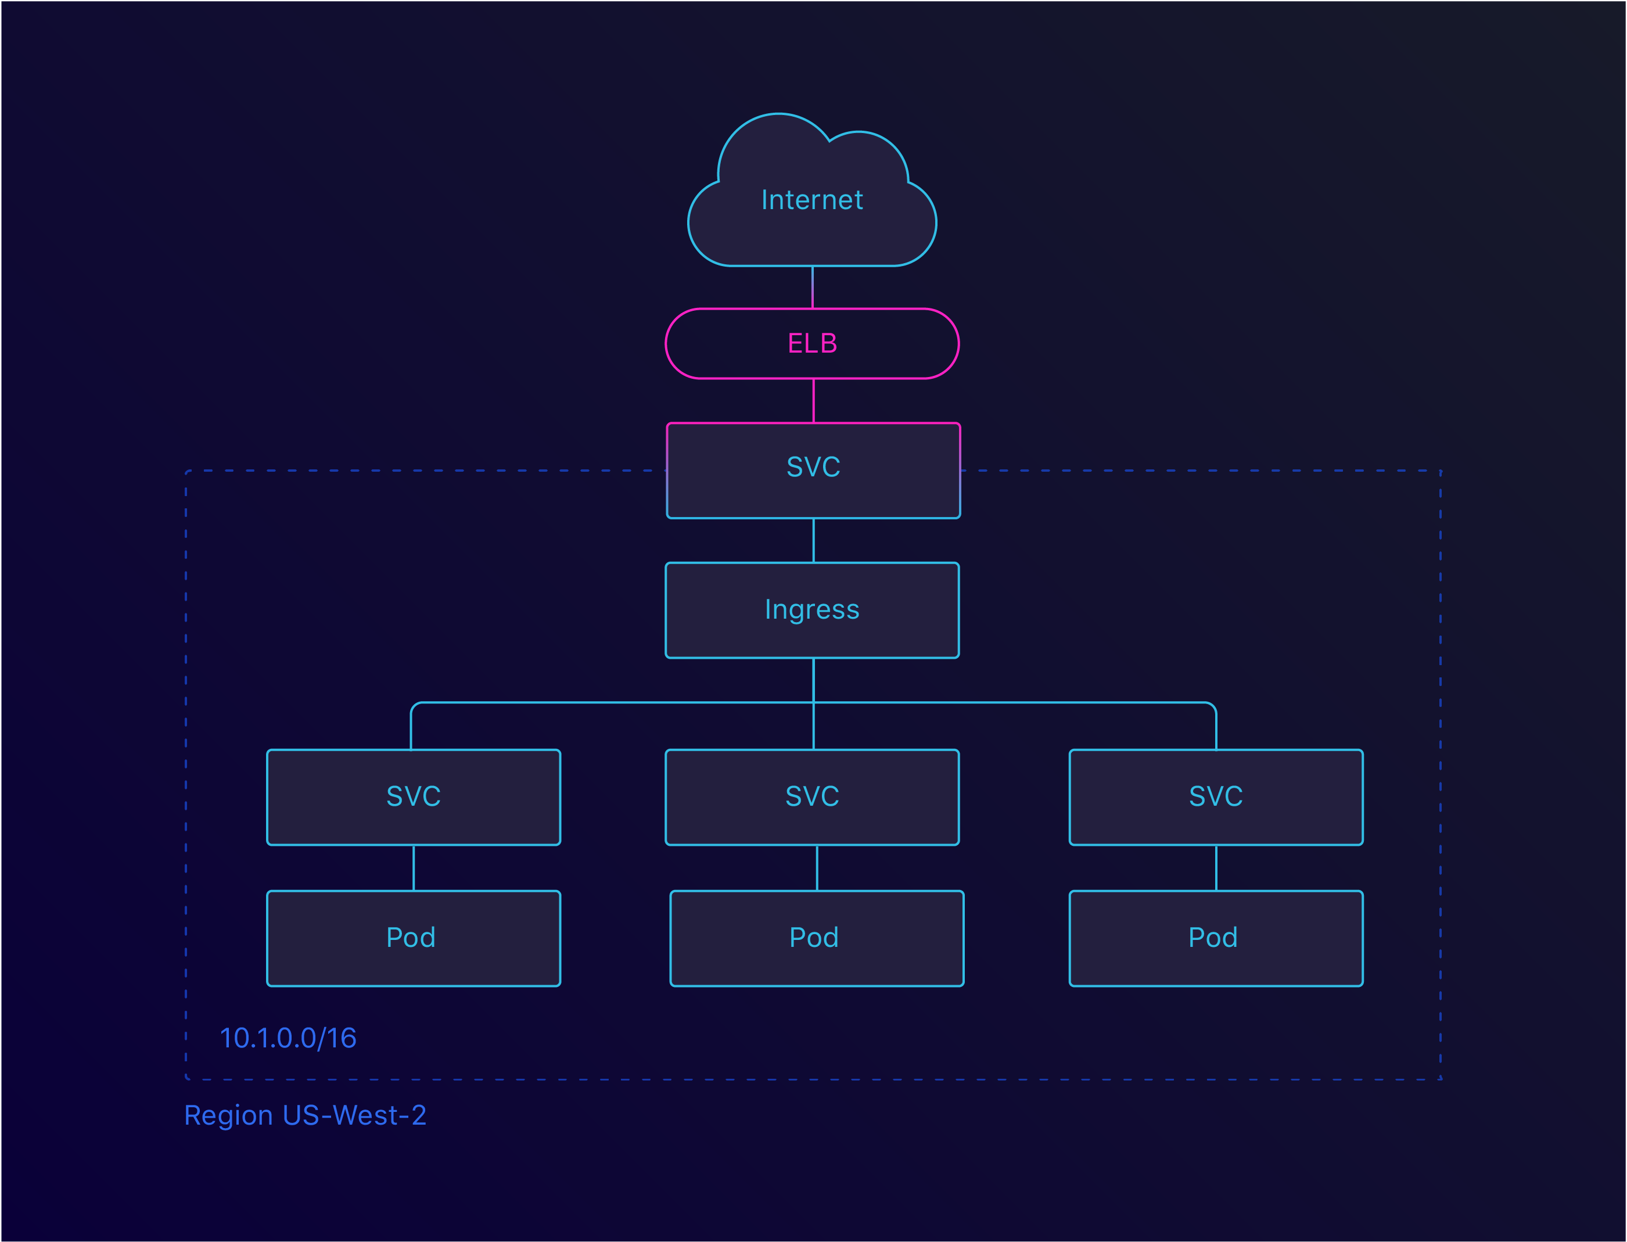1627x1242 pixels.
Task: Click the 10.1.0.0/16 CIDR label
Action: [288, 1038]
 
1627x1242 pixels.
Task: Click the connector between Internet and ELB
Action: [813, 288]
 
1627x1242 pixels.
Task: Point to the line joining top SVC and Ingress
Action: [813, 540]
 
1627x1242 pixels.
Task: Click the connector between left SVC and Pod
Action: [413, 868]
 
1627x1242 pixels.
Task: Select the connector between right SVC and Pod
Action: [1216, 868]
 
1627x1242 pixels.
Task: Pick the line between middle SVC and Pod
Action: [817, 868]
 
